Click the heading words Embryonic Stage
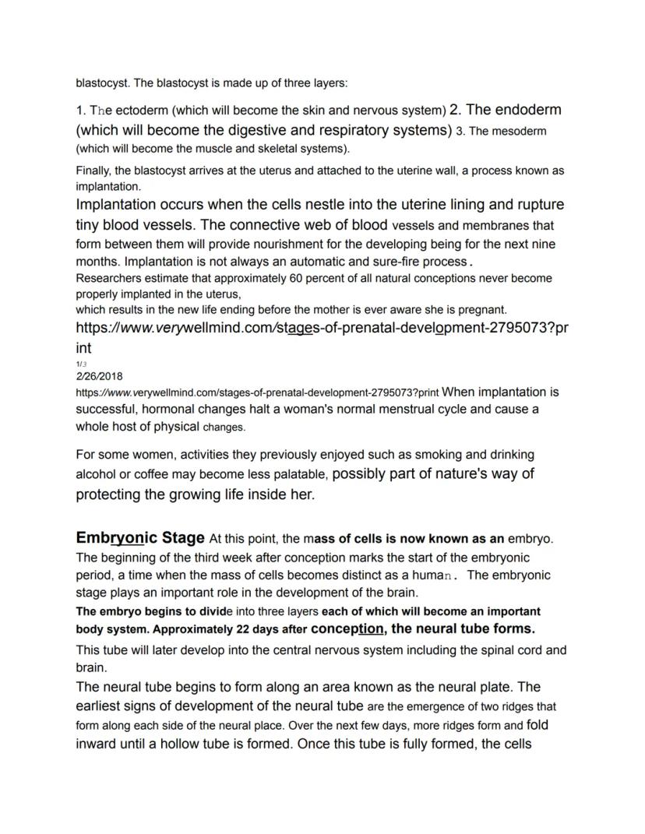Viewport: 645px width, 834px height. [x=140, y=538]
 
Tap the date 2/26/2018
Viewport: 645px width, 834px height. [x=99, y=375]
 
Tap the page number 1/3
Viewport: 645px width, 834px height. [x=81, y=364]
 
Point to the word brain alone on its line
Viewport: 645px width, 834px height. [x=90, y=668]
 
